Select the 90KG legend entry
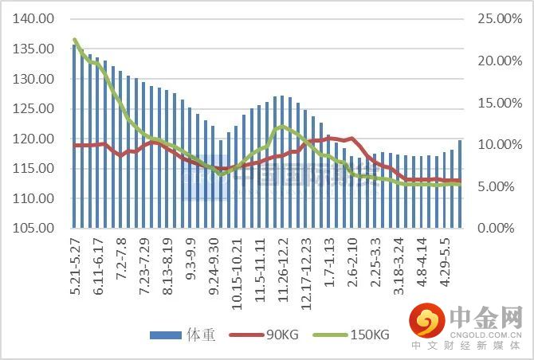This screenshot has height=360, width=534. coord(264,335)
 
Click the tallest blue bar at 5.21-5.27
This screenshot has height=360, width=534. coord(74,135)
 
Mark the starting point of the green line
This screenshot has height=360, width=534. coord(74,40)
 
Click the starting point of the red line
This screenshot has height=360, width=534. coord(74,146)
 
